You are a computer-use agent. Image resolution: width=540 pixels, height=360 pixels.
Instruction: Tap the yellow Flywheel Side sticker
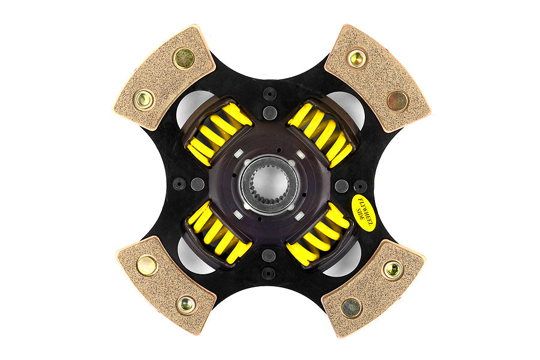click(x=364, y=208)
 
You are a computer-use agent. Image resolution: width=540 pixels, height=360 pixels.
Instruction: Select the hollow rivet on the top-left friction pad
click(x=144, y=100)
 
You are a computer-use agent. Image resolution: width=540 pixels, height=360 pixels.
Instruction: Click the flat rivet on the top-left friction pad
click(x=184, y=58)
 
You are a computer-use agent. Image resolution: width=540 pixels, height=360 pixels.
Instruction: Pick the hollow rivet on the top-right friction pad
click(x=356, y=58)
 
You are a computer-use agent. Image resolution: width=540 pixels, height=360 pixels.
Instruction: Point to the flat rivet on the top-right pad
click(x=397, y=101)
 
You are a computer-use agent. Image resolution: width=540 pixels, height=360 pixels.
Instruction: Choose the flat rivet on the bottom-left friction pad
click(x=146, y=265)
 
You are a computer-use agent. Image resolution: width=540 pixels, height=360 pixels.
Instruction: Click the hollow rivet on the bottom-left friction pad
click(x=185, y=304)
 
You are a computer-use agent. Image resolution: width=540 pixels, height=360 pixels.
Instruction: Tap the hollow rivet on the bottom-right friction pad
click(x=392, y=270)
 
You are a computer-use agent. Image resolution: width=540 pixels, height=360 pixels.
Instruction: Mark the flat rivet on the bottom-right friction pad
click(x=352, y=307)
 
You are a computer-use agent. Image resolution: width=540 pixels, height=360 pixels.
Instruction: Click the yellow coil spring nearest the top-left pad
click(x=220, y=134)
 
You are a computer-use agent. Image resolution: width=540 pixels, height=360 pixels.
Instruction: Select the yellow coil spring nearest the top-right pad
click(x=320, y=134)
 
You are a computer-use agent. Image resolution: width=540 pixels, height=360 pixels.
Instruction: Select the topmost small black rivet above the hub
click(x=269, y=94)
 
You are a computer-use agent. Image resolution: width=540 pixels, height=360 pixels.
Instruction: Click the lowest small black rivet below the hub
click(x=269, y=273)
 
